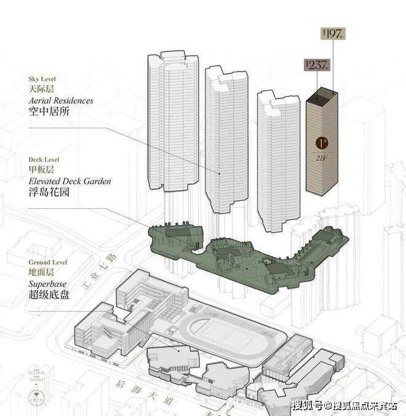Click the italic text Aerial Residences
60,100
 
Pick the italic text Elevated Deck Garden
70,181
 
